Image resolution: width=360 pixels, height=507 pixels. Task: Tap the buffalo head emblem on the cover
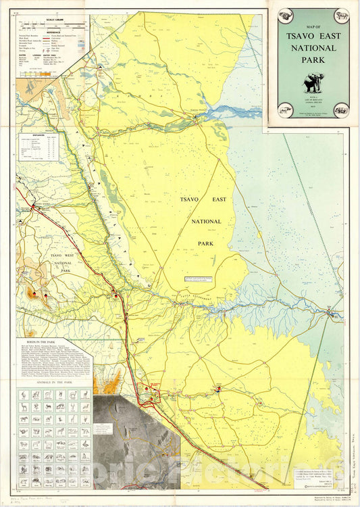[x=282, y=16]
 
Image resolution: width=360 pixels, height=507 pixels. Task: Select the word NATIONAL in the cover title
[x=312, y=50]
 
